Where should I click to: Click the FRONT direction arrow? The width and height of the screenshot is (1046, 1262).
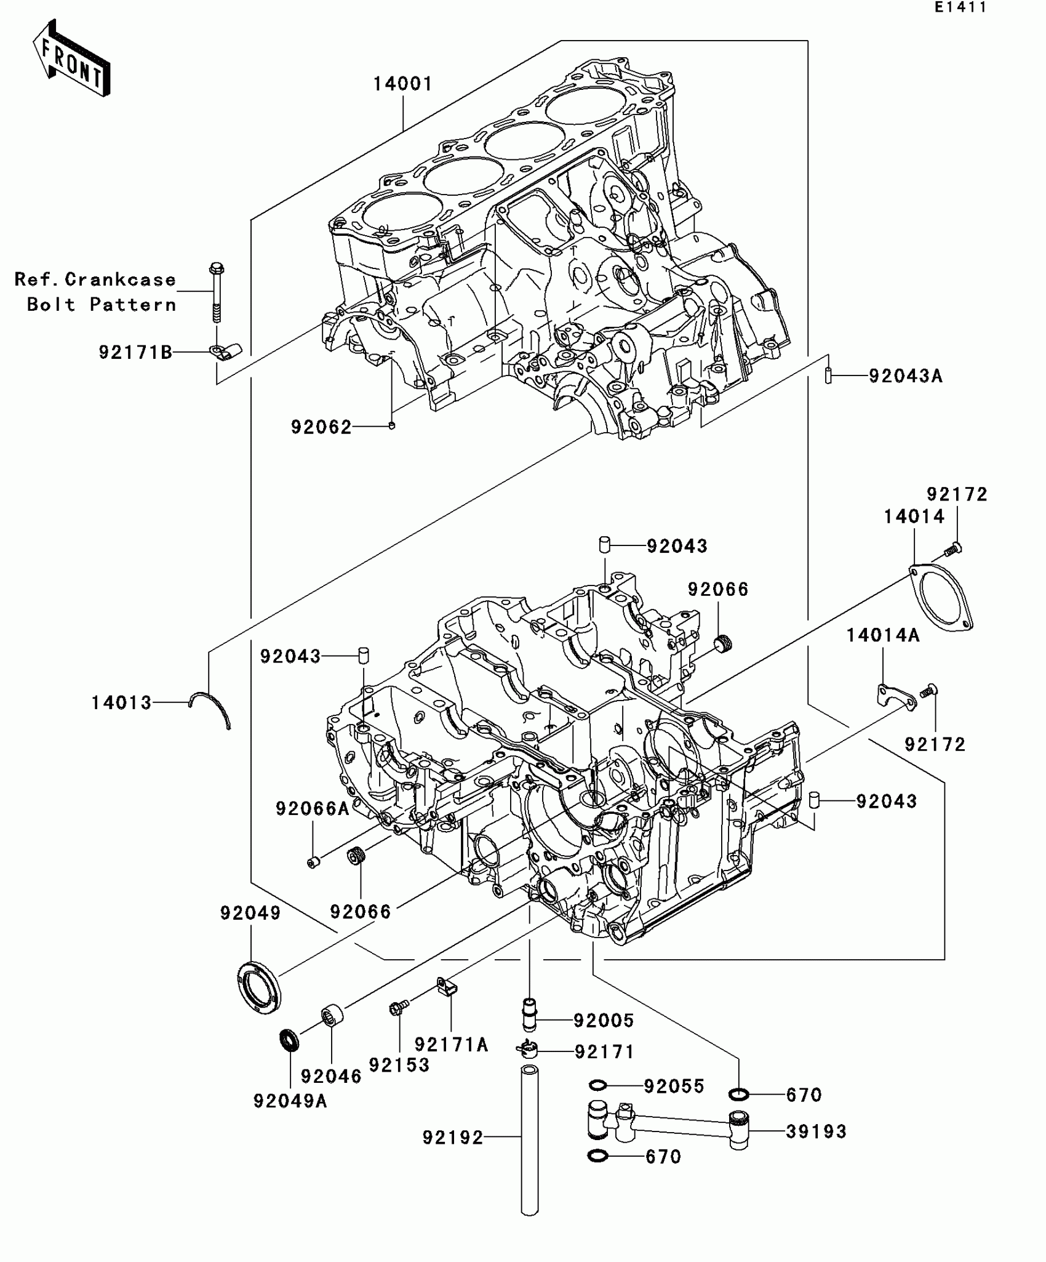tap(71, 58)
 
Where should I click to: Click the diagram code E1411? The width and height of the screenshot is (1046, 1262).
tap(960, 8)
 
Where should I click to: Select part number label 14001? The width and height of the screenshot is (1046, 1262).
tap(403, 84)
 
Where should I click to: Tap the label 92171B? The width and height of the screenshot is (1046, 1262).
tap(135, 352)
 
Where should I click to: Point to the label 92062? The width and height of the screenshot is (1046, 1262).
tap(321, 427)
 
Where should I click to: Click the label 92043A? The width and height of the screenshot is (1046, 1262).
tap(905, 376)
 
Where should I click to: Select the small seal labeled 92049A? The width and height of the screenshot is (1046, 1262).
tap(289, 1040)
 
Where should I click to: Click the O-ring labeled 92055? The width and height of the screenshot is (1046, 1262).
tap(598, 1084)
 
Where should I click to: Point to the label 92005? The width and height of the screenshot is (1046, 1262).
tap(603, 1021)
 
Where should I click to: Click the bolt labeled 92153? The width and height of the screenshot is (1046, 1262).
tap(397, 1026)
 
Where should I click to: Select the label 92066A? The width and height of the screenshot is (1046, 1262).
tap(312, 808)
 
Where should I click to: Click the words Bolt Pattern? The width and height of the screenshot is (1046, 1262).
tap(102, 305)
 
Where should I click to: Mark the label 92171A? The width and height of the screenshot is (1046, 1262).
tap(451, 1045)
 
